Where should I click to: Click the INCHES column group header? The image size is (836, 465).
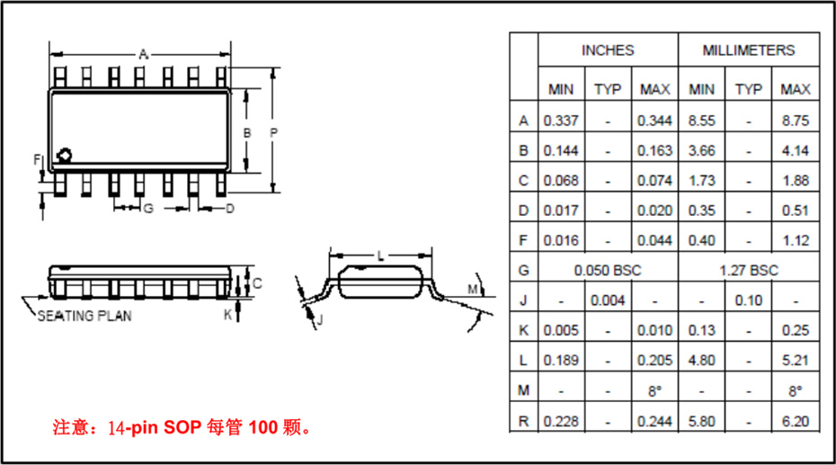pos(608,50)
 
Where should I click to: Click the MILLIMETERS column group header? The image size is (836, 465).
pos(748,50)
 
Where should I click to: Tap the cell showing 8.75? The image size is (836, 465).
pos(795,121)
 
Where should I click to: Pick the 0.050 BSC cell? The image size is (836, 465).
pos(608,270)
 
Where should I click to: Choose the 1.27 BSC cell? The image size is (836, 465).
pos(748,270)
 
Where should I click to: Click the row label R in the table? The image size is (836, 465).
pos(523,419)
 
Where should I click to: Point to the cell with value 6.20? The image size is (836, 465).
pos(795,419)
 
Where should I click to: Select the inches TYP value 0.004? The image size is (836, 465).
pos(608,300)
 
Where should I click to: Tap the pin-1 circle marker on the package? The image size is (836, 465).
pos(64,156)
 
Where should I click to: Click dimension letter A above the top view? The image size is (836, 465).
pos(142,54)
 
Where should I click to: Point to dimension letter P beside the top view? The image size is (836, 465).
pos(273,132)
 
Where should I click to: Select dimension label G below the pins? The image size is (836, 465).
pos(148,210)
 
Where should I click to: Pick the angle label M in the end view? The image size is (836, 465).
pos(473,289)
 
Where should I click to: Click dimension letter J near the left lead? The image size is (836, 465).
pos(319,319)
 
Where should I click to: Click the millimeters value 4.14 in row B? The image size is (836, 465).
pos(795,150)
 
